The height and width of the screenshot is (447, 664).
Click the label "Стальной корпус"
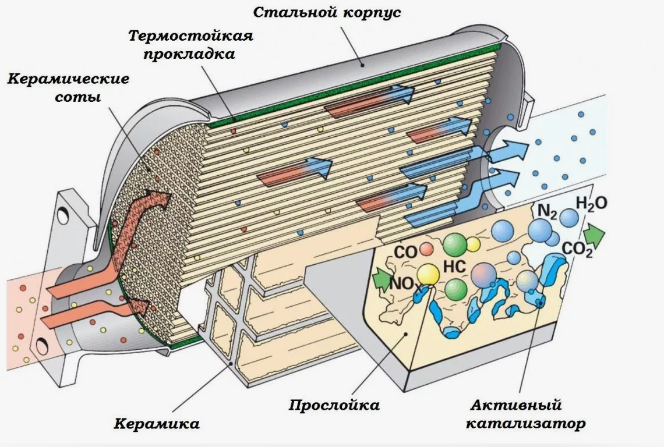point(327,12)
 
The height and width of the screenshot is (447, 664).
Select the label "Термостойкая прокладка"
point(190,44)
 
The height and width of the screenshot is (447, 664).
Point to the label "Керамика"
point(157,423)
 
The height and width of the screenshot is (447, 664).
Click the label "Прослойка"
point(334,405)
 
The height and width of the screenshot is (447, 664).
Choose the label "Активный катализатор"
point(525,414)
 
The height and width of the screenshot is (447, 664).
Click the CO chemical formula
point(406,252)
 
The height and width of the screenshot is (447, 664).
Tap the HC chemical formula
point(454,267)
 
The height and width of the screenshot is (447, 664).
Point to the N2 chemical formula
point(547,211)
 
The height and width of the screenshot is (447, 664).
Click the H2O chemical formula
point(592,204)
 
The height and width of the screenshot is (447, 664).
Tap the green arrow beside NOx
point(382,280)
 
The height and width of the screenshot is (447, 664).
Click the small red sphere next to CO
point(426,249)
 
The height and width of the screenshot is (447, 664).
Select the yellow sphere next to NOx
point(428,275)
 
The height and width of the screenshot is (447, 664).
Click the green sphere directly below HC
point(455,289)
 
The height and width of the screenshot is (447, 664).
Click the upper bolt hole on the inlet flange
point(63,215)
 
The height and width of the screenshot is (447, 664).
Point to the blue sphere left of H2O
point(568,218)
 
